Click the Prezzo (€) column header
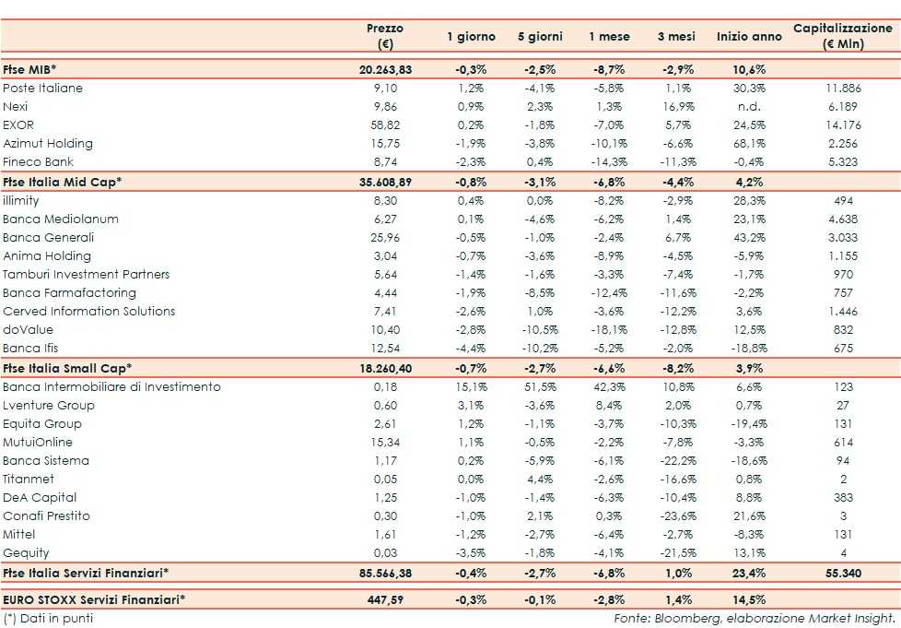(385, 36)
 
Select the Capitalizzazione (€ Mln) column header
(842, 36)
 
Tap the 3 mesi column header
(675, 37)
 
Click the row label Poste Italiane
(42, 89)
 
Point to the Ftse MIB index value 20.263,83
(385, 70)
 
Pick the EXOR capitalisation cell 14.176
(842, 125)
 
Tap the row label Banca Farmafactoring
(69, 293)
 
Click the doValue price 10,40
(385, 330)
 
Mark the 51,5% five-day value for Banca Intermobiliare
(541, 387)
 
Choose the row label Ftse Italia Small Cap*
(67, 368)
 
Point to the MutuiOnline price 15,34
(385, 443)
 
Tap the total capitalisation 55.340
(842, 573)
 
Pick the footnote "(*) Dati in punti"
(48, 618)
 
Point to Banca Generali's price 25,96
(385, 238)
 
